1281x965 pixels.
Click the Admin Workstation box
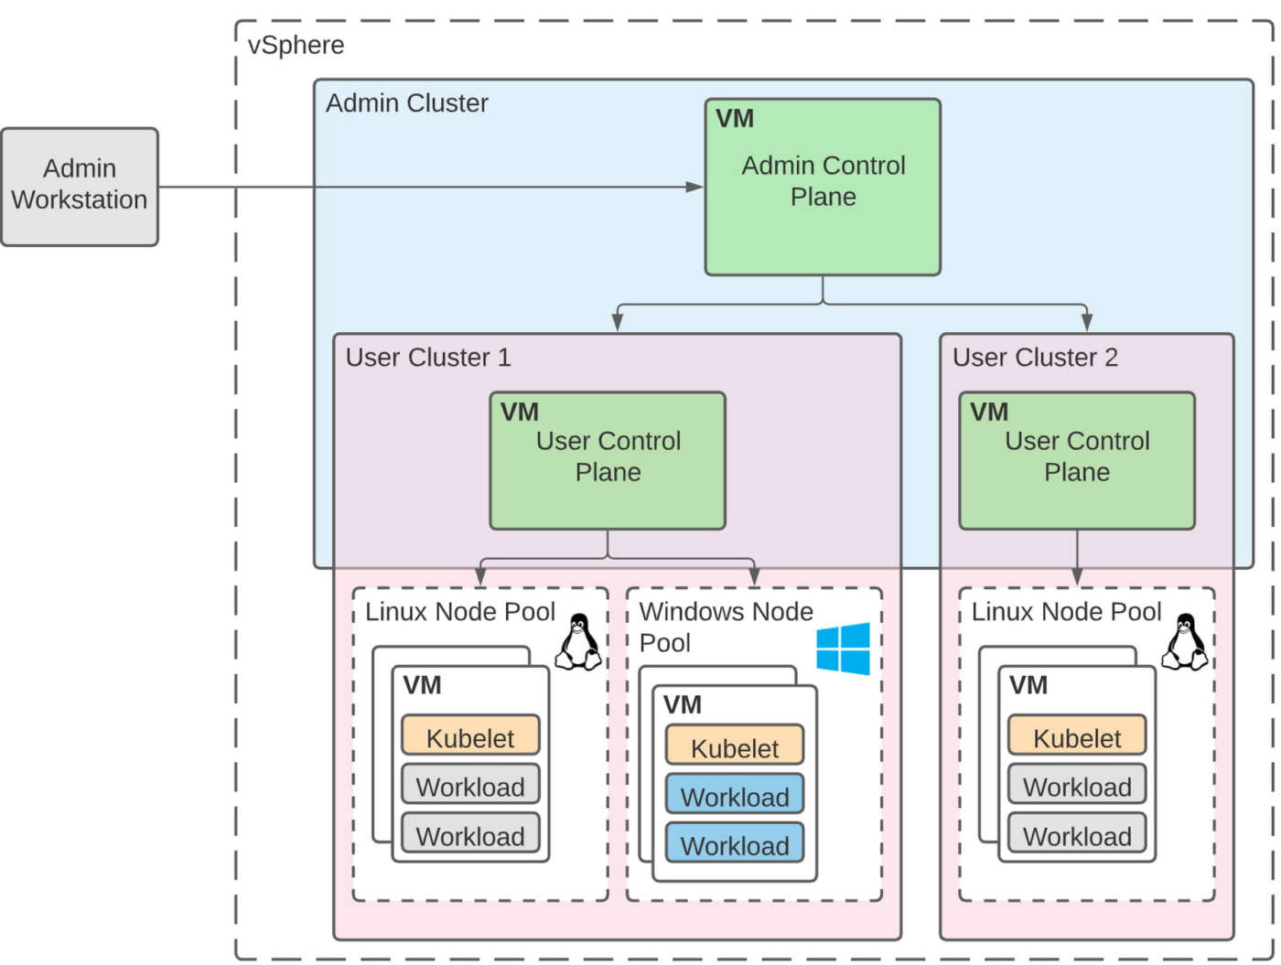80,187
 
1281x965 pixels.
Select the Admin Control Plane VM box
823,188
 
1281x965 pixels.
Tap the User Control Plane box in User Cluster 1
608,461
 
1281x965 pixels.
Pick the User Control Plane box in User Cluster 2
1077,461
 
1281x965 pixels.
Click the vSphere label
296,45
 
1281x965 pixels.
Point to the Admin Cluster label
406,103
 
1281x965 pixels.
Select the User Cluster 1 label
427,358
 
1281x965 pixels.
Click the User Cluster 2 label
1035,358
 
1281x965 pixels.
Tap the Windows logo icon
843,649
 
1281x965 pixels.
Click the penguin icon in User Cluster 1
578,642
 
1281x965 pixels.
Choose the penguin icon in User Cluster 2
1185,642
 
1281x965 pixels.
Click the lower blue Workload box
734,844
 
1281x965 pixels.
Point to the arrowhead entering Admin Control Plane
694,187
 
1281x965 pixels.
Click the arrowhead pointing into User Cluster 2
1086,322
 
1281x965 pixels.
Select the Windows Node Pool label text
725,627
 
